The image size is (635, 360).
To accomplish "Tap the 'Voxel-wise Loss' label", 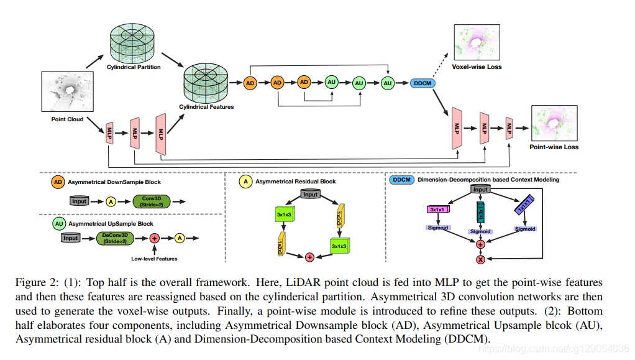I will coord(477,67).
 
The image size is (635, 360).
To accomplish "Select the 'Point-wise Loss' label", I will coord(554,147).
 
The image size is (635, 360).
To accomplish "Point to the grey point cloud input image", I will coord(67,93).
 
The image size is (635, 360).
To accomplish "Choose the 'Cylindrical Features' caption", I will coord(206,107).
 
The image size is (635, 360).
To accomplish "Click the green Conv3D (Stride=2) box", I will coord(152,201).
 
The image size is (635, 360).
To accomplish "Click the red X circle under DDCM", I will coord(480,258).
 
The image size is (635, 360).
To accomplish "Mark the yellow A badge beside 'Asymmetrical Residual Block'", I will coord(246,182).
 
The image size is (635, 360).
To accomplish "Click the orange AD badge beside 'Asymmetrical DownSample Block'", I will coord(58,182).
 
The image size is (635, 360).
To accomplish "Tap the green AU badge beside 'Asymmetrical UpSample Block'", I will coord(58,223).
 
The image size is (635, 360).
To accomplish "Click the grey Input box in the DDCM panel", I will coord(480,190).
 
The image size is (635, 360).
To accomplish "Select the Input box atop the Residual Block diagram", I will coord(311,194).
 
